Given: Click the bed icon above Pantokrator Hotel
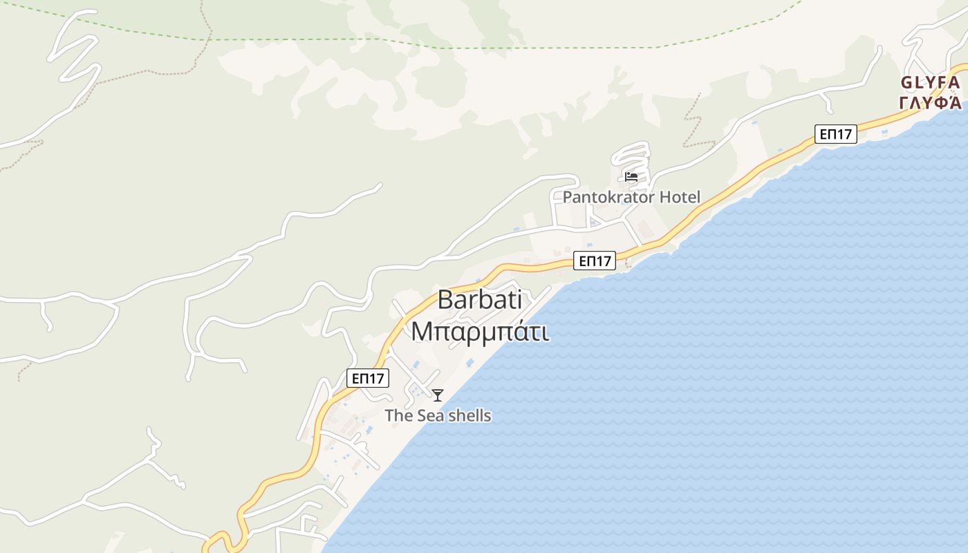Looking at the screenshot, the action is point(631,176).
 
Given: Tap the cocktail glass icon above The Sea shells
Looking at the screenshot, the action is point(437,395).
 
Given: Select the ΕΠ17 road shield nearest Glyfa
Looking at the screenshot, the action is point(836,134).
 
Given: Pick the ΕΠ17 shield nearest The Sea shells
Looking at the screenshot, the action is point(368,378).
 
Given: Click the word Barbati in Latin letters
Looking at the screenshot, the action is point(480,300).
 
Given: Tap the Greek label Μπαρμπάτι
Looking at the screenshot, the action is point(480,331).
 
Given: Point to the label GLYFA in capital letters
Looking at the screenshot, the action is point(930,83).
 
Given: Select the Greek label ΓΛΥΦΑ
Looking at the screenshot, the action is point(930,103).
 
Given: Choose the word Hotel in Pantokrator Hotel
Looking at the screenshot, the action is point(680,197).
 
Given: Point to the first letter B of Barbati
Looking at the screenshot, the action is point(446,300).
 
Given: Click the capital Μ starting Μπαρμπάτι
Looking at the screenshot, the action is point(422,331).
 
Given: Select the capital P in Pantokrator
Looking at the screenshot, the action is point(568,197).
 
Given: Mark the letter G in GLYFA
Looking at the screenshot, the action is point(906,83).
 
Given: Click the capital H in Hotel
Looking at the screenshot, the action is point(664,197).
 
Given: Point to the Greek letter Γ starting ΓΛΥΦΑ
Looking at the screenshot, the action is point(904,103).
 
